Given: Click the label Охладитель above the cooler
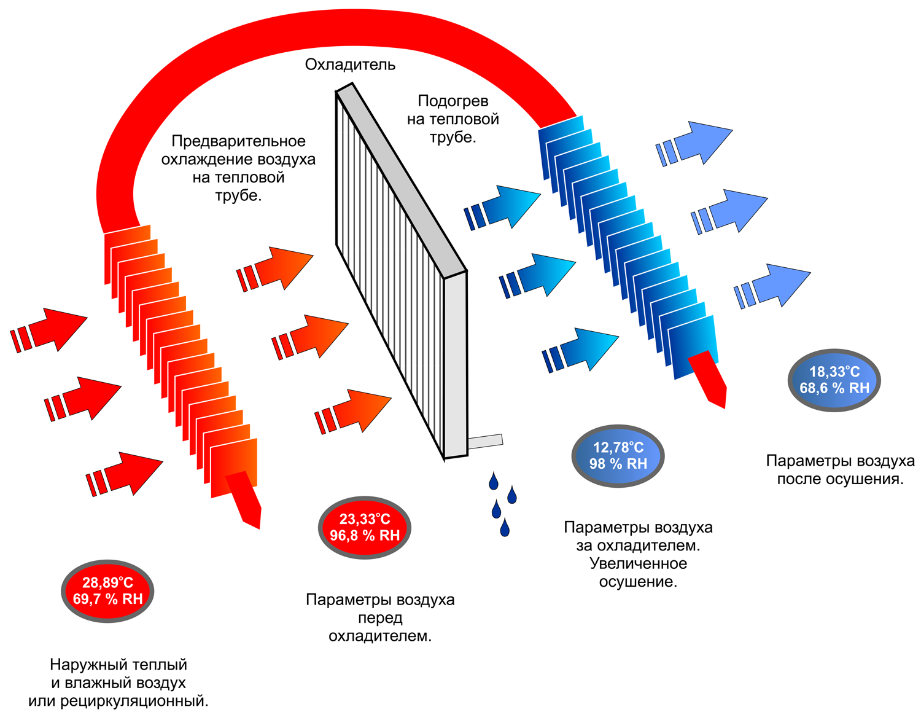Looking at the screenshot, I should coord(350,65).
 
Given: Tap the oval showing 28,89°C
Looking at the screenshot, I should coord(107,591).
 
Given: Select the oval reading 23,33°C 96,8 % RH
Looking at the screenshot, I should coord(365,528).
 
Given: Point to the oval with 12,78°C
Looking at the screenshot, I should coord(618,456).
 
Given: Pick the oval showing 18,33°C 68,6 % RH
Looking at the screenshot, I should coord(834,380).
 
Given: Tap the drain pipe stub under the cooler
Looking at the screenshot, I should coord(486,441).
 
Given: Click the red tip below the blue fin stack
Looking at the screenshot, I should coord(711,380).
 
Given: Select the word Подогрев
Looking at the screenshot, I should coord(453,101).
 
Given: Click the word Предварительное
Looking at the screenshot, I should coord(238,141).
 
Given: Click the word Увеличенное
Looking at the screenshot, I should coord(638,563).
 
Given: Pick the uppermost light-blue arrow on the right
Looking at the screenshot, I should coord(697,144).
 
